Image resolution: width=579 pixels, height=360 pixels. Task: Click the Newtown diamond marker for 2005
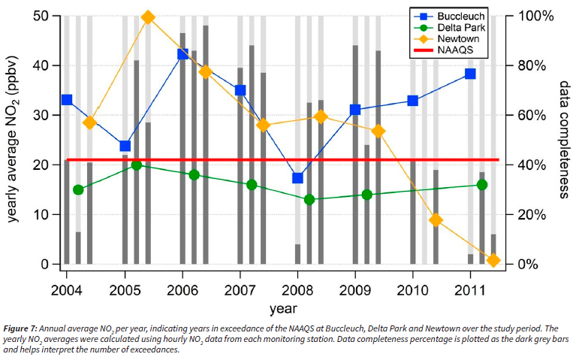[x=148, y=17]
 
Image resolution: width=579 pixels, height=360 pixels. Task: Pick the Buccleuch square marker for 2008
[x=297, y=178]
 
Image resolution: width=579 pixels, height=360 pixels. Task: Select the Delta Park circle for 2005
[x=136, y=165]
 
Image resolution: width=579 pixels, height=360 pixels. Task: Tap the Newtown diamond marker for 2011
[x=493, y=261]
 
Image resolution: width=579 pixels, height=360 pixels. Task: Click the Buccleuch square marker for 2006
[x=182, y=54]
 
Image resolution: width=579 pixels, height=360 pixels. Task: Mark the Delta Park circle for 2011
[x=482, y=185]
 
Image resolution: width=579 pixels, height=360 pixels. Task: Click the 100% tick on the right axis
[x=529, y=16]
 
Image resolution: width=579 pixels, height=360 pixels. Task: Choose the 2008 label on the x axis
[x=297, y=289]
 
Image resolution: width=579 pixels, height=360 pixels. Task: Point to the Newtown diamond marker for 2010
[x=436, y=220]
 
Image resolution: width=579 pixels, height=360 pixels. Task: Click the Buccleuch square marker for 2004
[x=67, y=100]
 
